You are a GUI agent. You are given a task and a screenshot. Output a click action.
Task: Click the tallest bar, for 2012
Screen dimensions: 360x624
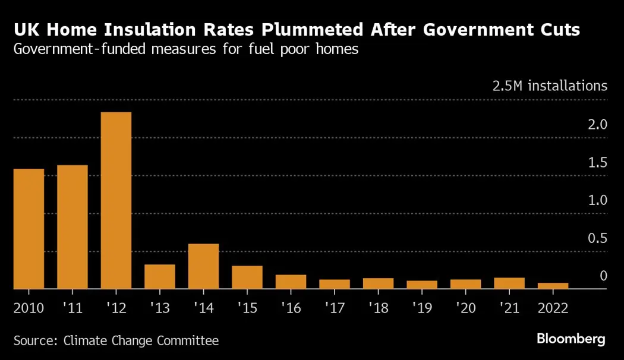pos(116,200)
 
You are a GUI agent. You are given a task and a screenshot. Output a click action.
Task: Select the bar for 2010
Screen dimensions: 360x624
pos(29,229)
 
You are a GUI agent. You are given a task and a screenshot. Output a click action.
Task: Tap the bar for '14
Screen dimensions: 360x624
pos(203,266)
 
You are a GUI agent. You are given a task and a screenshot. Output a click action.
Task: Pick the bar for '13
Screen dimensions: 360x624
pos(160,277)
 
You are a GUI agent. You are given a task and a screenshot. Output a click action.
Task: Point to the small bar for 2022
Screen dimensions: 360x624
pos(553,286)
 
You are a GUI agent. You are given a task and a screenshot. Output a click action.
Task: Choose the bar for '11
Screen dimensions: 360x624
pos(73,227)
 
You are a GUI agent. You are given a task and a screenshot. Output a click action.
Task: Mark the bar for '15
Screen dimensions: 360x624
pos(247,277)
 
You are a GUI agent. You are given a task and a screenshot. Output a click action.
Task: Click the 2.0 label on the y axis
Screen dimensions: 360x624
pos(598,125)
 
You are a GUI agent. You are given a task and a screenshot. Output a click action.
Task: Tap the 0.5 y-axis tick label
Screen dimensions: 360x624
pos(598,238)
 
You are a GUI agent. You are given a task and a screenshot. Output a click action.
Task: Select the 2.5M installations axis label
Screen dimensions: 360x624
pos(550,86)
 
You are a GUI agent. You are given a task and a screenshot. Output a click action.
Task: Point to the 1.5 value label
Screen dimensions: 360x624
pos(598,163)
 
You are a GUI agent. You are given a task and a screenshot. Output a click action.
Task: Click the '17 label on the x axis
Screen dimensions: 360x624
pos(334,308)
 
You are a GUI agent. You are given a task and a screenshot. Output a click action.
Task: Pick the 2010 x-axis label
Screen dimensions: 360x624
pos(29,308)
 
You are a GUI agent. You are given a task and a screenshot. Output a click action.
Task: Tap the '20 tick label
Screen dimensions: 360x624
pos(465,308)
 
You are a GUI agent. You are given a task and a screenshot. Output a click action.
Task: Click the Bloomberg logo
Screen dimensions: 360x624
pos(571,340)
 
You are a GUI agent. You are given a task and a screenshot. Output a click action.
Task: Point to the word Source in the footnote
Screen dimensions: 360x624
pos(33,341)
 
